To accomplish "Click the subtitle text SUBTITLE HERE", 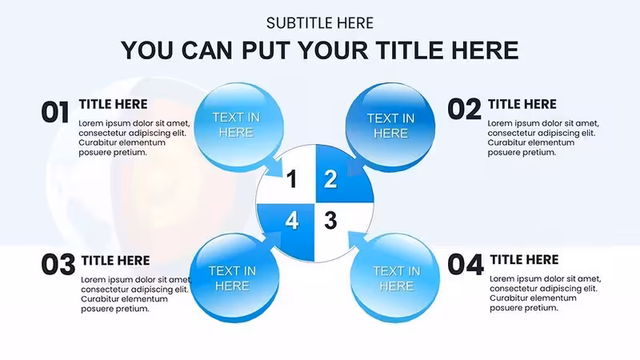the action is pos(319,23).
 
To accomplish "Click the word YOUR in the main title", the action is pos(333,50).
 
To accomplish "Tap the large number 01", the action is pos(55,112).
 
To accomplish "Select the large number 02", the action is pos(464,110).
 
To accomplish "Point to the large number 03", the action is pos(58,265).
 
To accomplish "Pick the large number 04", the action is pos(466,265).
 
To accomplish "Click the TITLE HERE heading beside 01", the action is pos(113,104).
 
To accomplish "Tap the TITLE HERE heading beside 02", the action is pos(522,104).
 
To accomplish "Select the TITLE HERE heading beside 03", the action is pos(115,261).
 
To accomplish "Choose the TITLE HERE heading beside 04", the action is pos(524,259).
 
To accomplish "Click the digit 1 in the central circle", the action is pos(291,179).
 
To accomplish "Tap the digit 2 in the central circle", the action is pos(330,179).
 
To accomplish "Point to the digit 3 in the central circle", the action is pos(330,221).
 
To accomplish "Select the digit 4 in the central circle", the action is pos(291,221).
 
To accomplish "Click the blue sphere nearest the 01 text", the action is pos(238,126).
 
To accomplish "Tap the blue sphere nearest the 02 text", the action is pos(390,126).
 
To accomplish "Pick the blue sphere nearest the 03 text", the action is pos(234,278).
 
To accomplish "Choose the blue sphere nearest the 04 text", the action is pos(395,278).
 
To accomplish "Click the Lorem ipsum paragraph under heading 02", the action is pos(543,138).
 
